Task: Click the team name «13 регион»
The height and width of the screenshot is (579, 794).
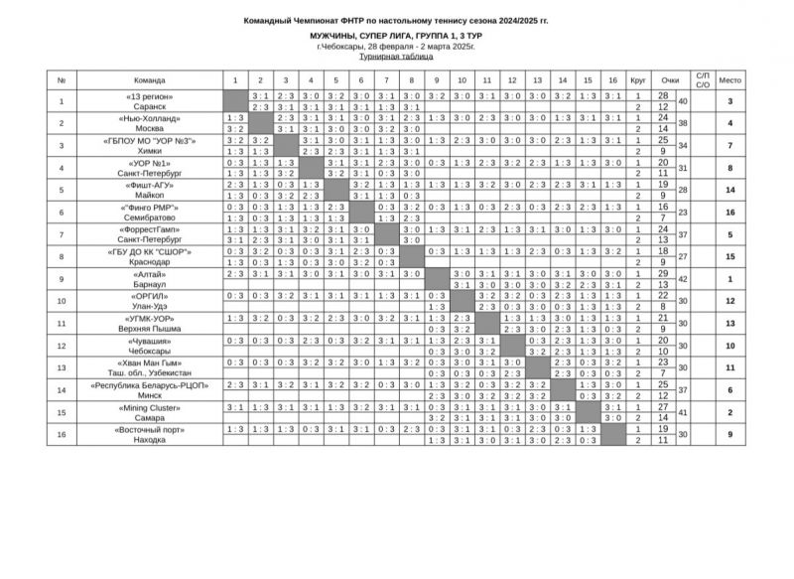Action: [150, 95]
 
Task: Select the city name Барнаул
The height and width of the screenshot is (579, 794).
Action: [150, 284]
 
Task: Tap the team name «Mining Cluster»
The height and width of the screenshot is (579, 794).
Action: [150, 407]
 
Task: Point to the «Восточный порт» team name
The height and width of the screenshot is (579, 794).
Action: [150, 428]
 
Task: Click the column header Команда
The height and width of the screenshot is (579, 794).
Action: [150, 79]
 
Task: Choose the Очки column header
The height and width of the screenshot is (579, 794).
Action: [671, 79]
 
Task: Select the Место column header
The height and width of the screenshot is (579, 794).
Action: [730, 79]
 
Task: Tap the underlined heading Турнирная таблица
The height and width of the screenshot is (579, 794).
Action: [396, 59]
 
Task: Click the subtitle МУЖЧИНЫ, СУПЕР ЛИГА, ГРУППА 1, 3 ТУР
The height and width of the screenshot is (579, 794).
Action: [396, 35]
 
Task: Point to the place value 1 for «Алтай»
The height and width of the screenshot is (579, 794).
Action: [730, 279]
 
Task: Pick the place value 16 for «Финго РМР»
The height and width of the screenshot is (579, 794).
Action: [730, 212]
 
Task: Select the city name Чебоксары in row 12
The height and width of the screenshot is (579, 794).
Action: [150, 352]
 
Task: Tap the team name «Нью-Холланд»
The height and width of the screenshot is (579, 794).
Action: [150, 118]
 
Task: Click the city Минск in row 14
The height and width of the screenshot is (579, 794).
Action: [150, 393]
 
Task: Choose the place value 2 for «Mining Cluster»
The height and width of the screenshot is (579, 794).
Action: [730, 412]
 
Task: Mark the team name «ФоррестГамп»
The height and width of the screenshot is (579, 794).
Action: [150, 228]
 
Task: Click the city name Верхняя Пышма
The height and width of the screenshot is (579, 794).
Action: [150, 329]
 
